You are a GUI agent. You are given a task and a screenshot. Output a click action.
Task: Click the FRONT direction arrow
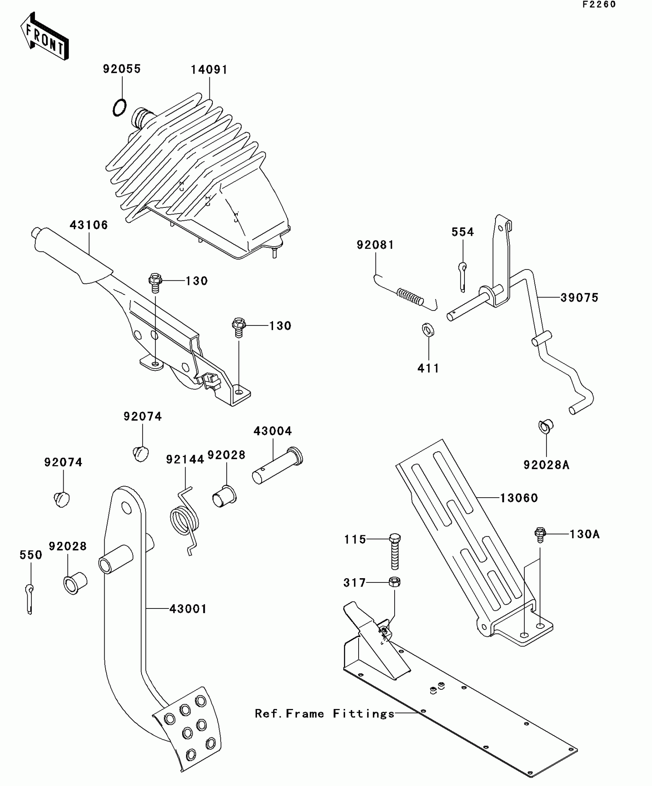tap(44, 37)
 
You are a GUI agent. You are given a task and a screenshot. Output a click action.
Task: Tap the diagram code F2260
tap(599, 5)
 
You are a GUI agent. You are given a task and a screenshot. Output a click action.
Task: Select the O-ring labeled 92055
tap(119, 107)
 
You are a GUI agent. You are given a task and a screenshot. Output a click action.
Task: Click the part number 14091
tap(209, 70)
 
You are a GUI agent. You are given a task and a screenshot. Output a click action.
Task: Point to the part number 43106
tap(89, 225)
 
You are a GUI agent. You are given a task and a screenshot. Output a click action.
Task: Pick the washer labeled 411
tap(428, 329)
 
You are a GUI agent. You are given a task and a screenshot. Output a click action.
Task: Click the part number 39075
tap(579, 298)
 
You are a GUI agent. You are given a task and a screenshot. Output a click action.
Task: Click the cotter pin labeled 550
tap(30, 599)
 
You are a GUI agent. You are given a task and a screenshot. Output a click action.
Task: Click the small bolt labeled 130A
tap(540, 534)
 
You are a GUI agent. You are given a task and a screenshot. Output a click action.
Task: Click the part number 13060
tap(519, 498)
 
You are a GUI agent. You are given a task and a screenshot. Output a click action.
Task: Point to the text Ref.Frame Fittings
tap(324, 714)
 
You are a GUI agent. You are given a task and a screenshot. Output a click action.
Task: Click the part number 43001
tap(188, 609)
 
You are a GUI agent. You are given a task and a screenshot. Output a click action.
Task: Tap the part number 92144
tap(185, 459)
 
